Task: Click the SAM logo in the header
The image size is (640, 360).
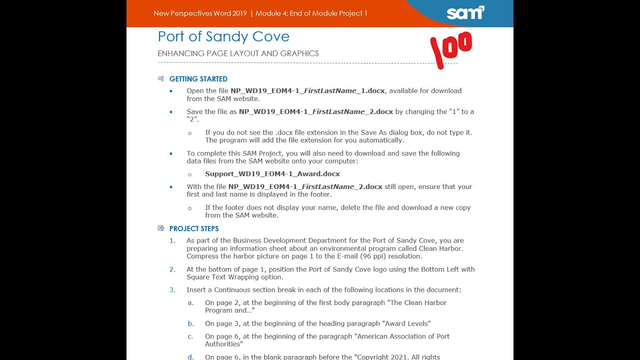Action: coord(465,12)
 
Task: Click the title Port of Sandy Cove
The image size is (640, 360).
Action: coord(223,36)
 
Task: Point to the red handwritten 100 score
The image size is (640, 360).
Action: coord(451,49)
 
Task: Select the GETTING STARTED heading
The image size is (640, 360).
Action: coord(198,79)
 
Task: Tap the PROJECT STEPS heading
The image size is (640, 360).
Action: coord(193,228)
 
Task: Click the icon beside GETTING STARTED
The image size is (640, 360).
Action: coord(161,79)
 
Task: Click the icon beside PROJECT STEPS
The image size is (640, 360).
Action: coord(161,228)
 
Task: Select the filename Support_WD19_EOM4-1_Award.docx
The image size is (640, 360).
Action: coord(272,174)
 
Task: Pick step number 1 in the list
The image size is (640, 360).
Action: coord(172,240)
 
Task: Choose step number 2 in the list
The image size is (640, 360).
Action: coord(172,269)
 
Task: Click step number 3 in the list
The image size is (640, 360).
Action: coord(172,290)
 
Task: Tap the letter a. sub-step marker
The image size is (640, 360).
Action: coord(190,303)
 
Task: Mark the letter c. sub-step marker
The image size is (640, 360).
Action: coord(190,336)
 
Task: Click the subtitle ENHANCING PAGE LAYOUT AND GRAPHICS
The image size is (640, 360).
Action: coord(238,53)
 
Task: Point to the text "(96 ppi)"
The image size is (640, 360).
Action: coord(373,256)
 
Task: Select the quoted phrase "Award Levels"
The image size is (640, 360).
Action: coord(406,323)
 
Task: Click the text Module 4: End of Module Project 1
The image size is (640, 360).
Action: coord(311,13)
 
